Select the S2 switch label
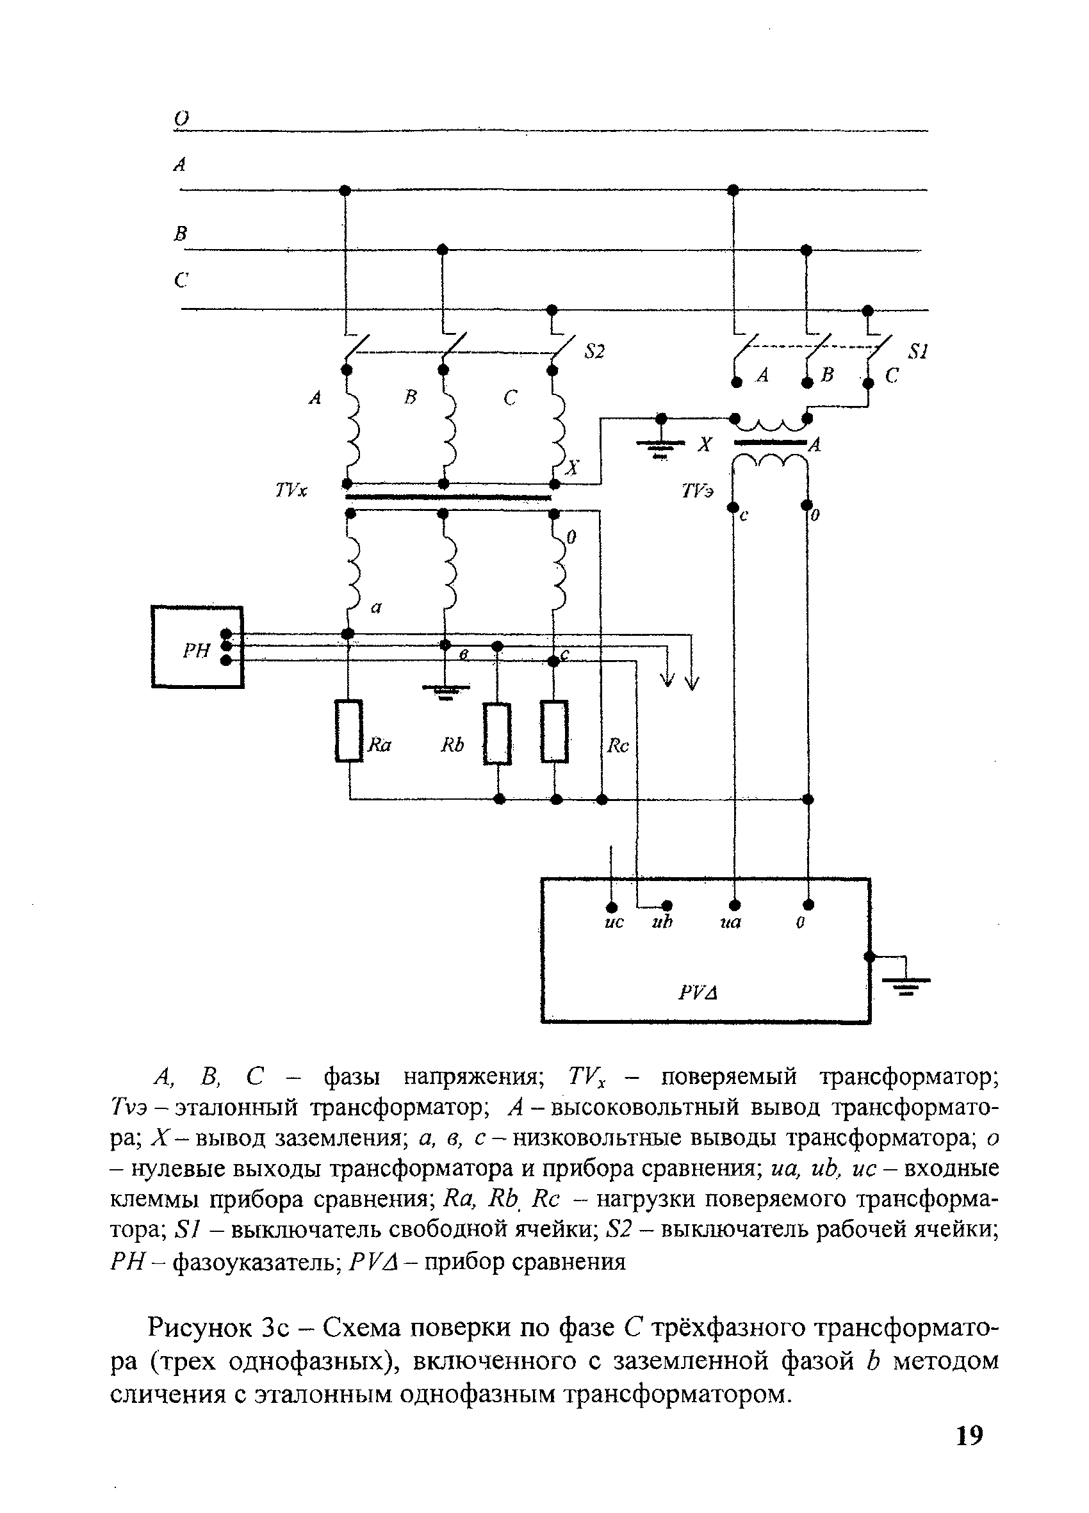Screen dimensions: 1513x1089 coord(594,352)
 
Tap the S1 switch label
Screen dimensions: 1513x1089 coord(918,352)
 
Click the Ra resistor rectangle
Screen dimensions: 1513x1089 coord(348,731)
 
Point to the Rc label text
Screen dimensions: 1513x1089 coord(618,746)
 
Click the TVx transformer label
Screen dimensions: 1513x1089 coord(291,491)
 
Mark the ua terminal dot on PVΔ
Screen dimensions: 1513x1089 coord(734,905)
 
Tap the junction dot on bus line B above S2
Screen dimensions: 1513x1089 coord(442,250)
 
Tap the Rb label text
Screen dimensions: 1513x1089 coord(452,745)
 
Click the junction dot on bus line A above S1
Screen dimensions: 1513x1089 coord(733,190)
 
